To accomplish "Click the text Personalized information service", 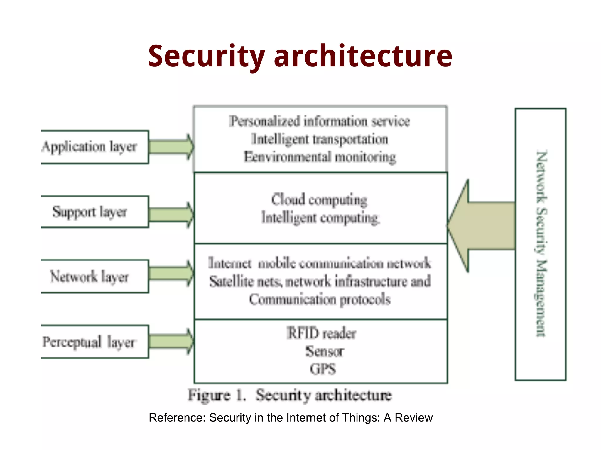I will [x=320, y=121].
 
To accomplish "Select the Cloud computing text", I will [x=319, y=200].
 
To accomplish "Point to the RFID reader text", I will [x=321, y=333].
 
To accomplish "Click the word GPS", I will [x=323, y=369].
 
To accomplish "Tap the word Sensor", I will [x=324, y=351].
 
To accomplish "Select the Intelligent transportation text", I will [x=320, y=139].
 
